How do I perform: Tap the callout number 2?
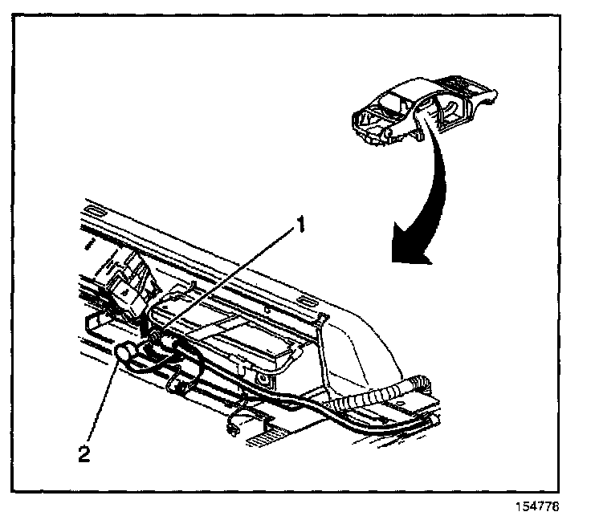click(x=84, y=454)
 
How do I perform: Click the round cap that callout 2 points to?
click(x=126, y=352)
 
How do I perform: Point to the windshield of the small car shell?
click(x=391, y=103)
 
